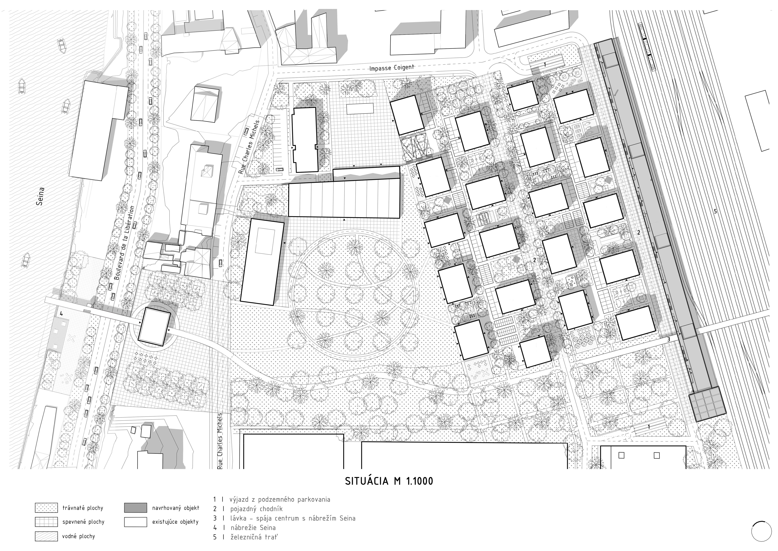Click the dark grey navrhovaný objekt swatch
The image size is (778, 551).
tap(135, 508)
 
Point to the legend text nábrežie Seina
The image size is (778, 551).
tap(253, 528)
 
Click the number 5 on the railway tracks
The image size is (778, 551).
tap(715, 211)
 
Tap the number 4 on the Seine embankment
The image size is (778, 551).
tap(61, 314)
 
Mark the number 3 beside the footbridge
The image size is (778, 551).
tap(669, 339)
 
